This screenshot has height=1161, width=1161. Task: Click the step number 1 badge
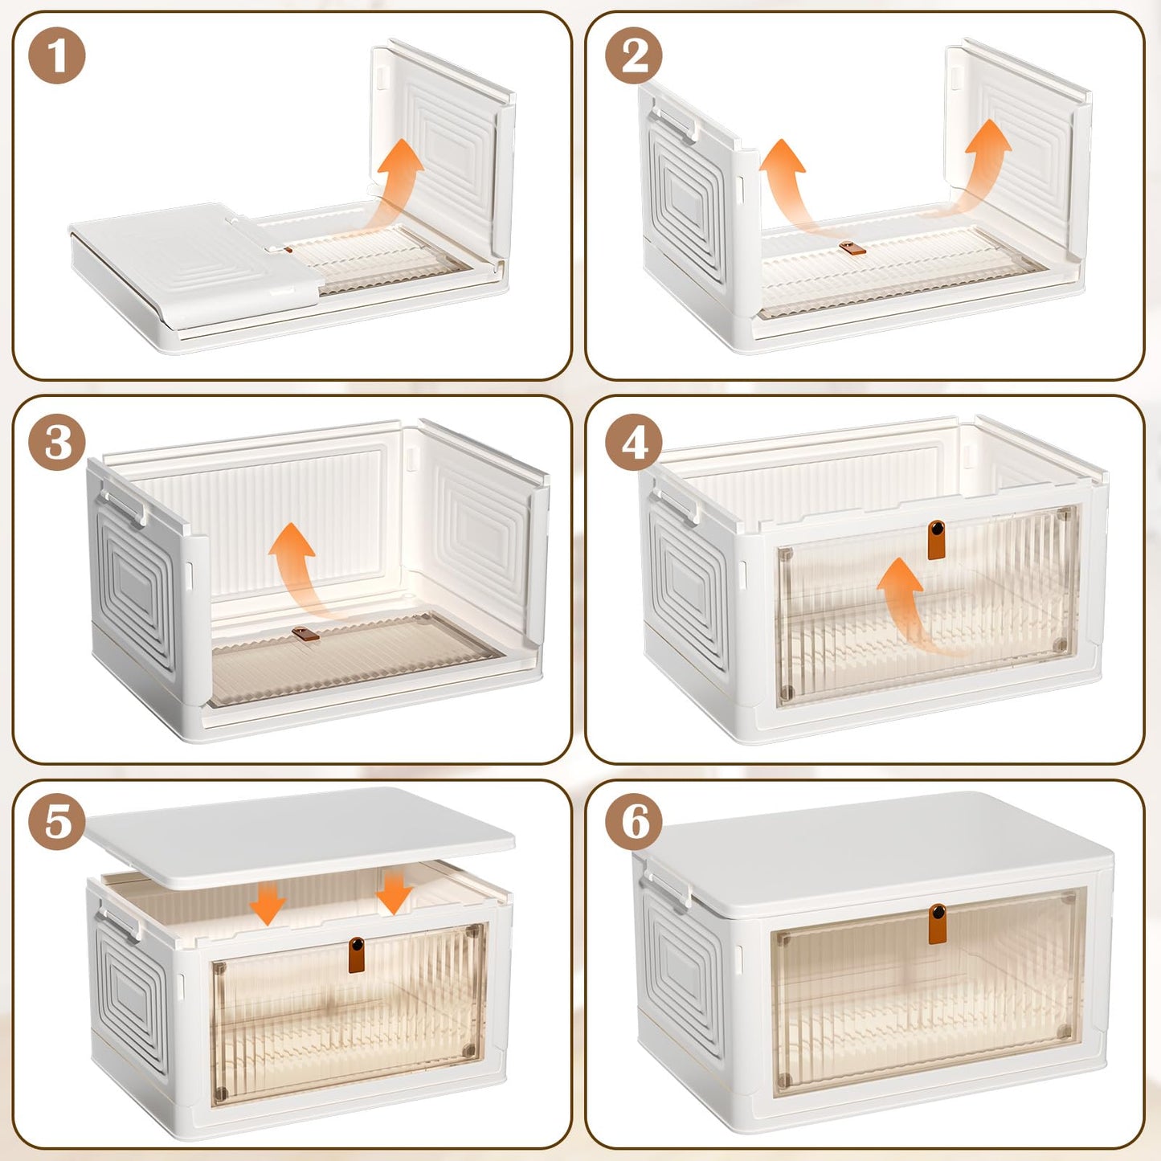coord(56,55)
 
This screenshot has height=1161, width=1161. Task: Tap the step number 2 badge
coord(634,55)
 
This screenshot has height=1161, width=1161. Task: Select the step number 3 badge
coord(56,442)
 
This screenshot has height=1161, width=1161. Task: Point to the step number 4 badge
coord(634,442)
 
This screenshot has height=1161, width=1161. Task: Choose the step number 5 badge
coord(56,821)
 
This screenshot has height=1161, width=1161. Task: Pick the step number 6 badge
coord(634,821)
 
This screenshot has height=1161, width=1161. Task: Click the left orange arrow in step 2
coord(789,186)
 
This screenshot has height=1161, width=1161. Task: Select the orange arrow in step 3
coord(295,572)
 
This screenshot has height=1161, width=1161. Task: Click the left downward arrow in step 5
coord(268,901)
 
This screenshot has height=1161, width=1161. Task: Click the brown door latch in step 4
coord(936,540)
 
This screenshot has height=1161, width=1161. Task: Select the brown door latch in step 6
coord(937,924)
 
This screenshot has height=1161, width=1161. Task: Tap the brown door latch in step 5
coord(357,955)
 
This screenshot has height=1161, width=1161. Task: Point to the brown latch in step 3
coord(306,633)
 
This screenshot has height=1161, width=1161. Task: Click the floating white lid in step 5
coord(300,837)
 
